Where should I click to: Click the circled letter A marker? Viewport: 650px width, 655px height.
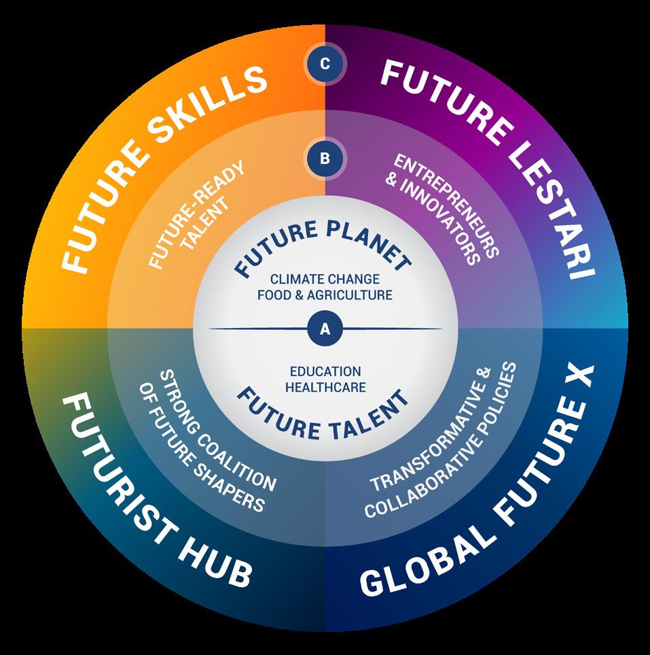coord(325,329)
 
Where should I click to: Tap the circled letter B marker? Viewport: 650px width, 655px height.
coord(325,158)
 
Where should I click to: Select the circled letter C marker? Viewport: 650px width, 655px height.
coord(325,64)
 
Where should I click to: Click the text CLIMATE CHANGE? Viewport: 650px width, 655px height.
coord(325,280)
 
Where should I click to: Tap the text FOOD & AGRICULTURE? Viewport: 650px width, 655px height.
coord(325,295)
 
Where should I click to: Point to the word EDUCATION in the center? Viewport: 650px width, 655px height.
coord(325,371)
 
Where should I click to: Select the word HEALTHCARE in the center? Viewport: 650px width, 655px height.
coord(325,387)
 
